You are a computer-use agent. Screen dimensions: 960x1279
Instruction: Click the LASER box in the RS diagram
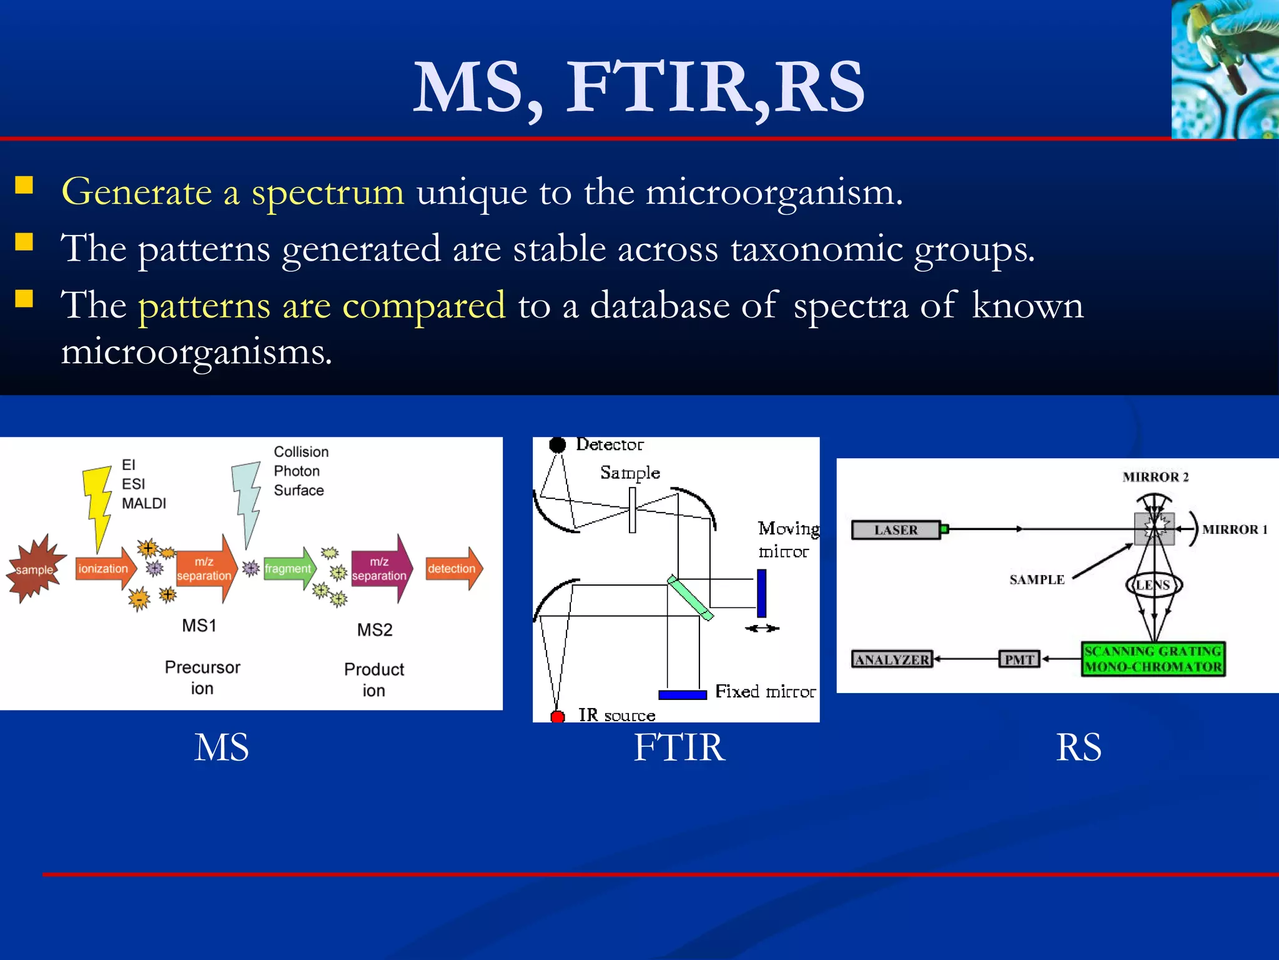coord(896,529)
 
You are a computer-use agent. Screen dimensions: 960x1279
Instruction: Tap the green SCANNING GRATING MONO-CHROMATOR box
coord(1153,659)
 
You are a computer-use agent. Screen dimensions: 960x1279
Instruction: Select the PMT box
coord(1019,659)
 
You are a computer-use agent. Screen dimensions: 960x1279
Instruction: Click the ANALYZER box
coord(892,659)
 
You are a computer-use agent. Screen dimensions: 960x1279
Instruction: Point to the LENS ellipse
coord(1153,585)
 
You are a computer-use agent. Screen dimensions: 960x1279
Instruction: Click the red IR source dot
coord(557,716)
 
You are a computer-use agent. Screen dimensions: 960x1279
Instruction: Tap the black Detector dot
coord(557,444)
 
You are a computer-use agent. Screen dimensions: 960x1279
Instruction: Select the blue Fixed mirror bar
coord(682,694)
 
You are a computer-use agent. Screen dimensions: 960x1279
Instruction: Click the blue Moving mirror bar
coord(761,592)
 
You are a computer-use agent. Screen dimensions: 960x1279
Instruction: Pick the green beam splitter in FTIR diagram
coord(689,597)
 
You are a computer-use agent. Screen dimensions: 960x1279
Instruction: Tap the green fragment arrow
coord(289,569)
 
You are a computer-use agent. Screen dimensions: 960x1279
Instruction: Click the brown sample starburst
coord(35,569)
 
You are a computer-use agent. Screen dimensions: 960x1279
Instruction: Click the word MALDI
coord(144,503)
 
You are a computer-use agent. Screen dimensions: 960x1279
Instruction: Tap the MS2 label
coord(375,629)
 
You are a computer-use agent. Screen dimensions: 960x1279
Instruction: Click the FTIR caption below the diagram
coord(679,747)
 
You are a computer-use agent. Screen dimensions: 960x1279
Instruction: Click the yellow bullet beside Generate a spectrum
coord(24,185)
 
